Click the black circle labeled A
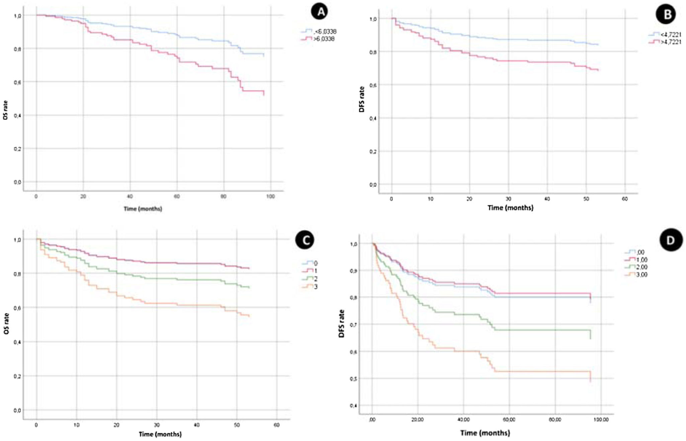point(321,12)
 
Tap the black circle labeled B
point(667,15)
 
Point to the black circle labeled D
point(670,240)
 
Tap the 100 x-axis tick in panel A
point(270,196)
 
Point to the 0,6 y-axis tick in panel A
point(17,82)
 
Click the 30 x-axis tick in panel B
point(508,199)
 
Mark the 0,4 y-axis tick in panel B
point(372,118)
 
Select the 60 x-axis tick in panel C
point(276,425)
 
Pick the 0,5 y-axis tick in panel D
point(353,379)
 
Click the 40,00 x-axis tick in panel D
point(463,420)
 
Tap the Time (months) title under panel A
point(143,209)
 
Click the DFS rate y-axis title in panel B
point(362,99)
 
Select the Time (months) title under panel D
point(485,433)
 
